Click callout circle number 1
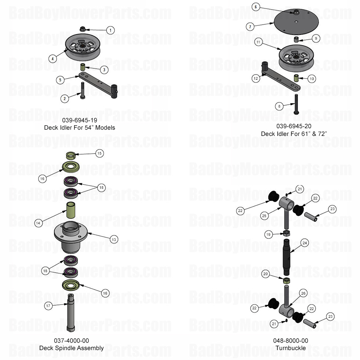110,30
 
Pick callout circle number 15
99,153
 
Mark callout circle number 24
305,243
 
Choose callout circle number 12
256,78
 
